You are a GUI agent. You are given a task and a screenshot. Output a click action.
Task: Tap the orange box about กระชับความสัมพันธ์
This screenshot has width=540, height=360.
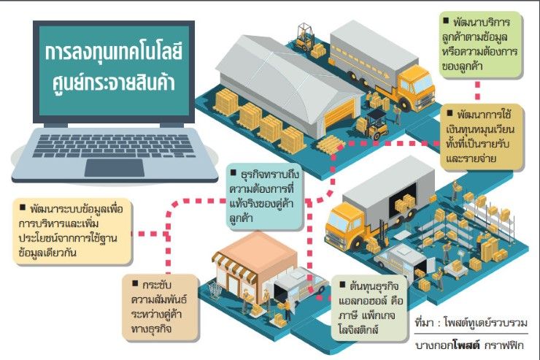(161, 306)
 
